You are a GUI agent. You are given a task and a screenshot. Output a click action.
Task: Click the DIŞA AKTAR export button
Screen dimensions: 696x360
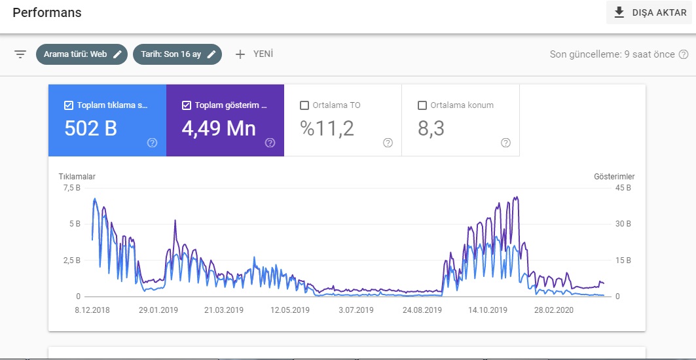(x=650, y=12)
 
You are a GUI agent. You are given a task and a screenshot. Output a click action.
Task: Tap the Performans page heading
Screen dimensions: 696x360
(x=47, y=13)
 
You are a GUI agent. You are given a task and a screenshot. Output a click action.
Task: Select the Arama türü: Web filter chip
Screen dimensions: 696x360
(x=82, y=54)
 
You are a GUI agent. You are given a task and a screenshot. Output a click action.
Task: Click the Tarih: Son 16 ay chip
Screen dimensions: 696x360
(x=177, y=54)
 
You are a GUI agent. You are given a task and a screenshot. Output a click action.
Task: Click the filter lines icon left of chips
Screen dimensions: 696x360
(x=20, y=54)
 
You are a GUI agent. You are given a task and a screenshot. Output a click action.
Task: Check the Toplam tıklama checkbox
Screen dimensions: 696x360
(x=68, y=105)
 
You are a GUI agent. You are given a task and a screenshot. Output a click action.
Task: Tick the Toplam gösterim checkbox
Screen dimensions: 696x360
(x=187, y=105)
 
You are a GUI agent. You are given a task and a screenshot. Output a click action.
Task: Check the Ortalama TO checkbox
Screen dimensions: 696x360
(x=304, y=105)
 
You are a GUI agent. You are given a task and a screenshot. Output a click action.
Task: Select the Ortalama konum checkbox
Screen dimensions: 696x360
(x=422, y=105)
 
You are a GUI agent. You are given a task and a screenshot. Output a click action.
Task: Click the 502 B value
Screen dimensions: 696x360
(x=90, y=128)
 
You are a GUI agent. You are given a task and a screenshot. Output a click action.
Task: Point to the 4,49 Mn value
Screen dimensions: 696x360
(x=219, y=128)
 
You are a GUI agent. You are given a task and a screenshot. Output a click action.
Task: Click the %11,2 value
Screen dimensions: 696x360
(x=327, y=128)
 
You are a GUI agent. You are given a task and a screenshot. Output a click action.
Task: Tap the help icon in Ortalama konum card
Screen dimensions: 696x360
(x=505, y=143)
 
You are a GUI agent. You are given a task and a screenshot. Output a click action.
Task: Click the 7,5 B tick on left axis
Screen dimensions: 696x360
(x=71, y=188)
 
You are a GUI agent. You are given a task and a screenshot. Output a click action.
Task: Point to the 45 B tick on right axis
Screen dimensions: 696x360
(x=622, y=188)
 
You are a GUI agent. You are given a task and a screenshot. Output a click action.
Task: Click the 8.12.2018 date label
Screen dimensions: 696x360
(x=92, y=310)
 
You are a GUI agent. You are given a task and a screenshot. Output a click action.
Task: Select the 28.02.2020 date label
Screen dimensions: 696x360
(x=554, y=310)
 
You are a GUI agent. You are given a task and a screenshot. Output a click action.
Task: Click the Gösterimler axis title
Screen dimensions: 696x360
(x=614, y=176)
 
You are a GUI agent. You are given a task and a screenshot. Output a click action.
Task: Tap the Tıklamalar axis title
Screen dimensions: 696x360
(x=77, y=176)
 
